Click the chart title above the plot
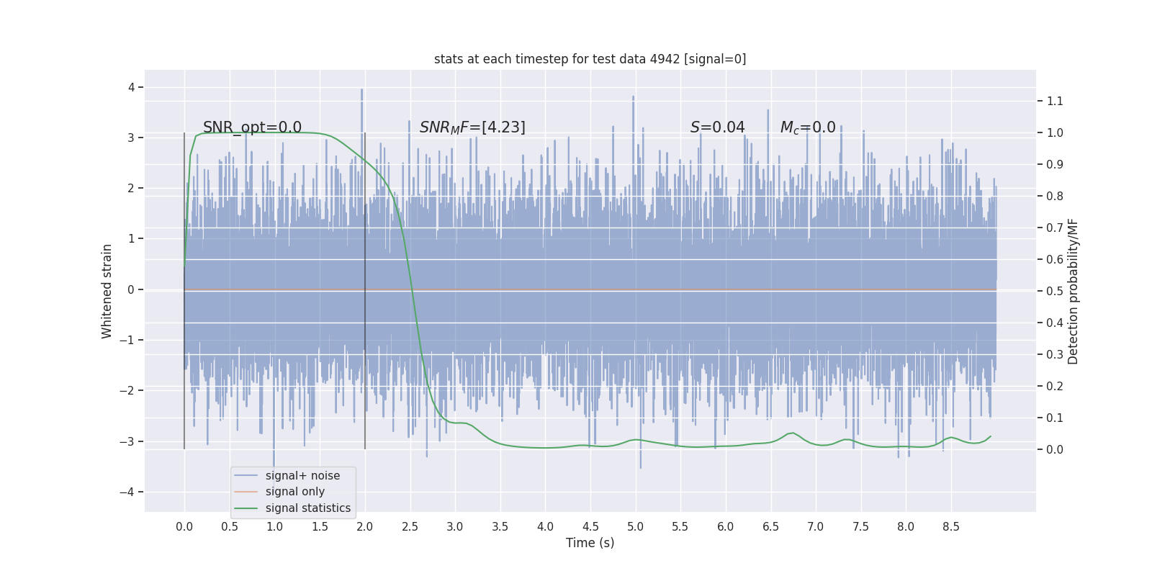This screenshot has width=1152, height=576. pos(590,59)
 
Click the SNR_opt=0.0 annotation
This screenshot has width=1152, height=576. pos(252,127)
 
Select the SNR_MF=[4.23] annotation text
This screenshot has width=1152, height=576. pos(472,127)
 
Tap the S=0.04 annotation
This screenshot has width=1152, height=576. pos(717,127)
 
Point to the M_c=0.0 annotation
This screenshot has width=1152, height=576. pos(808,127)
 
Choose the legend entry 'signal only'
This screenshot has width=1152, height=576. pos(294,492)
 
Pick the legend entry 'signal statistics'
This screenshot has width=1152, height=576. pos(307,508)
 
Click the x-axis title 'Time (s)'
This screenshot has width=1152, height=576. pos(590,543)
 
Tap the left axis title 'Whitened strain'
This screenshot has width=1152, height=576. pos(107,291)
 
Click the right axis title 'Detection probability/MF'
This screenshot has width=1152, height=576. pos(1073,291)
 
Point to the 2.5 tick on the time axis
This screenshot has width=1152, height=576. pos(410,526)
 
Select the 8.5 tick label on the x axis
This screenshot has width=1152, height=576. pos(950,526)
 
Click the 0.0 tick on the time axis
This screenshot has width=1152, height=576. pos(184,526)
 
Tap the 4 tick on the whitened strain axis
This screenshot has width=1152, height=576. pos(132,87)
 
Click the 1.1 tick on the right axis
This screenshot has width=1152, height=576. pos(1055,101)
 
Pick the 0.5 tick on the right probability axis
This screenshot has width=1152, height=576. pos(1055,291)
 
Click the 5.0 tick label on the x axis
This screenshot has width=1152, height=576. pos(635,526)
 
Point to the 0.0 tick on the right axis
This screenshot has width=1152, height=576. pos(1055,449)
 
